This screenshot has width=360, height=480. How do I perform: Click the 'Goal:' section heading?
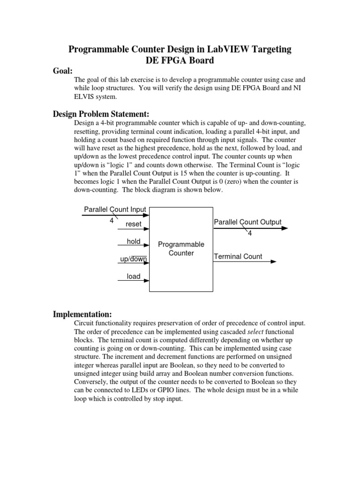point(62,71)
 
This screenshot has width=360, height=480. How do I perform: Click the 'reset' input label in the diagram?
point(133,224)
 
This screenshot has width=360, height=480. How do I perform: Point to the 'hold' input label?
point(134,241)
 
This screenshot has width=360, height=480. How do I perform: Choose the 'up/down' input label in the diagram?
point(134,259)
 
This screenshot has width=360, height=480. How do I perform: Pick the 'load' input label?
point(134,277)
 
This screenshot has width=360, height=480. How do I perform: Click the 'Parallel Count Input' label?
point(115,209)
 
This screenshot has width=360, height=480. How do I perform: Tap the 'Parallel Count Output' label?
point(247,222)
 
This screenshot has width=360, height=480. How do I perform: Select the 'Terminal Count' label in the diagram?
point(238,256)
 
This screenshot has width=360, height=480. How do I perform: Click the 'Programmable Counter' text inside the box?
point(181,249)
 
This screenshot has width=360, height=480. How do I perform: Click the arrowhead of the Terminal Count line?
point(273,262)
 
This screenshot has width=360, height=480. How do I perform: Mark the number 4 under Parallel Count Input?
point(112,220)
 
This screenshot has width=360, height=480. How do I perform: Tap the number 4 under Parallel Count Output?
point(250,233)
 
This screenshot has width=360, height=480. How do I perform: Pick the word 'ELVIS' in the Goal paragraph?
point(85,97)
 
